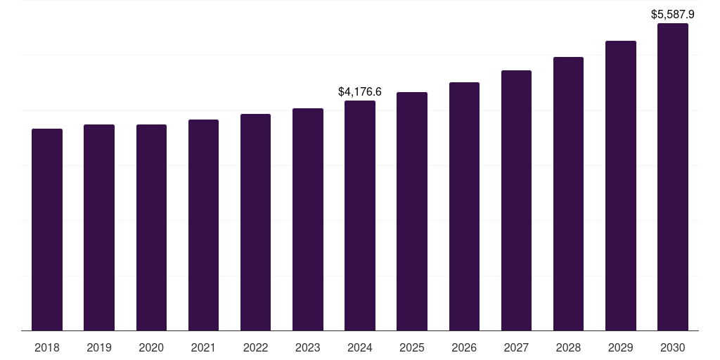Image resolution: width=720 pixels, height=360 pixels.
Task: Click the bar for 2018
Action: pyautogui.click(x=47, y=229)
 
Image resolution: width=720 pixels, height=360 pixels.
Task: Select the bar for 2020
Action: pyautogui.click(x=151, y=227)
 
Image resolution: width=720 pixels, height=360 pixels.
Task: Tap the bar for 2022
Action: pyautogui.click(x=255, y=222)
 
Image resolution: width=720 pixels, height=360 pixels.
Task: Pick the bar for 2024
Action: pyautogui.click(x=360, y=215)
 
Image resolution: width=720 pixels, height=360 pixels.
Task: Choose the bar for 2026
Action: pyautogui.click(x=464, y=206)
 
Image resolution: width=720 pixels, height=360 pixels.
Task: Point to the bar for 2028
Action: pyautogui.click(x=568, y=193)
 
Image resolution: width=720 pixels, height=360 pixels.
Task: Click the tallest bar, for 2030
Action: pyautogui.click(x=672, y=176)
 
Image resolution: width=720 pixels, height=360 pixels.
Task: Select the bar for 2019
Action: pyautogui.click(x=99, y=227)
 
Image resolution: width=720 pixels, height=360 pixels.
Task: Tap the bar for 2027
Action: pyautogui.click(x=516, y=200)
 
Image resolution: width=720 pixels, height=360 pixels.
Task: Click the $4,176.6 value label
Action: pyautogui.click(x=360, y=91)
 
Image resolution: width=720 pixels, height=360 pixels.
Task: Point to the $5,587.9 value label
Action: pyautogui.click(x=672, y=14)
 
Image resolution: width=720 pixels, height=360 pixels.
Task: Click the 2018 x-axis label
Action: pyautogui.click(x=47, y=347)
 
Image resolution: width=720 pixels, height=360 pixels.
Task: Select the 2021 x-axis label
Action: pyautogui.click(x=203, y=347)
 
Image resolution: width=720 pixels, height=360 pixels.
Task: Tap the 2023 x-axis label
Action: pyautogui.click(x=307, y=347)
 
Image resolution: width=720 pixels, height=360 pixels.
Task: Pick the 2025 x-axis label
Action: pyautogui.click(x=412, y=347)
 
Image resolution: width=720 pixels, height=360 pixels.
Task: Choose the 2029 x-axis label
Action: pyautogui.click(x=620, y=347)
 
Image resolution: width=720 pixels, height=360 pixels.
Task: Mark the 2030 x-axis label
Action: pyautogui.click(x=672, y=347)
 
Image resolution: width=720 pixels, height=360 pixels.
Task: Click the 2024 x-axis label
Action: pyautogui.click(x=360, y=347)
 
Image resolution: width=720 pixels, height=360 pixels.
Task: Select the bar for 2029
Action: pyautogui.click(x=620, y=186)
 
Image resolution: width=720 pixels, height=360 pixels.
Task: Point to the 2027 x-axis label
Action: pyautogui.click(x=516, y=347)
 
